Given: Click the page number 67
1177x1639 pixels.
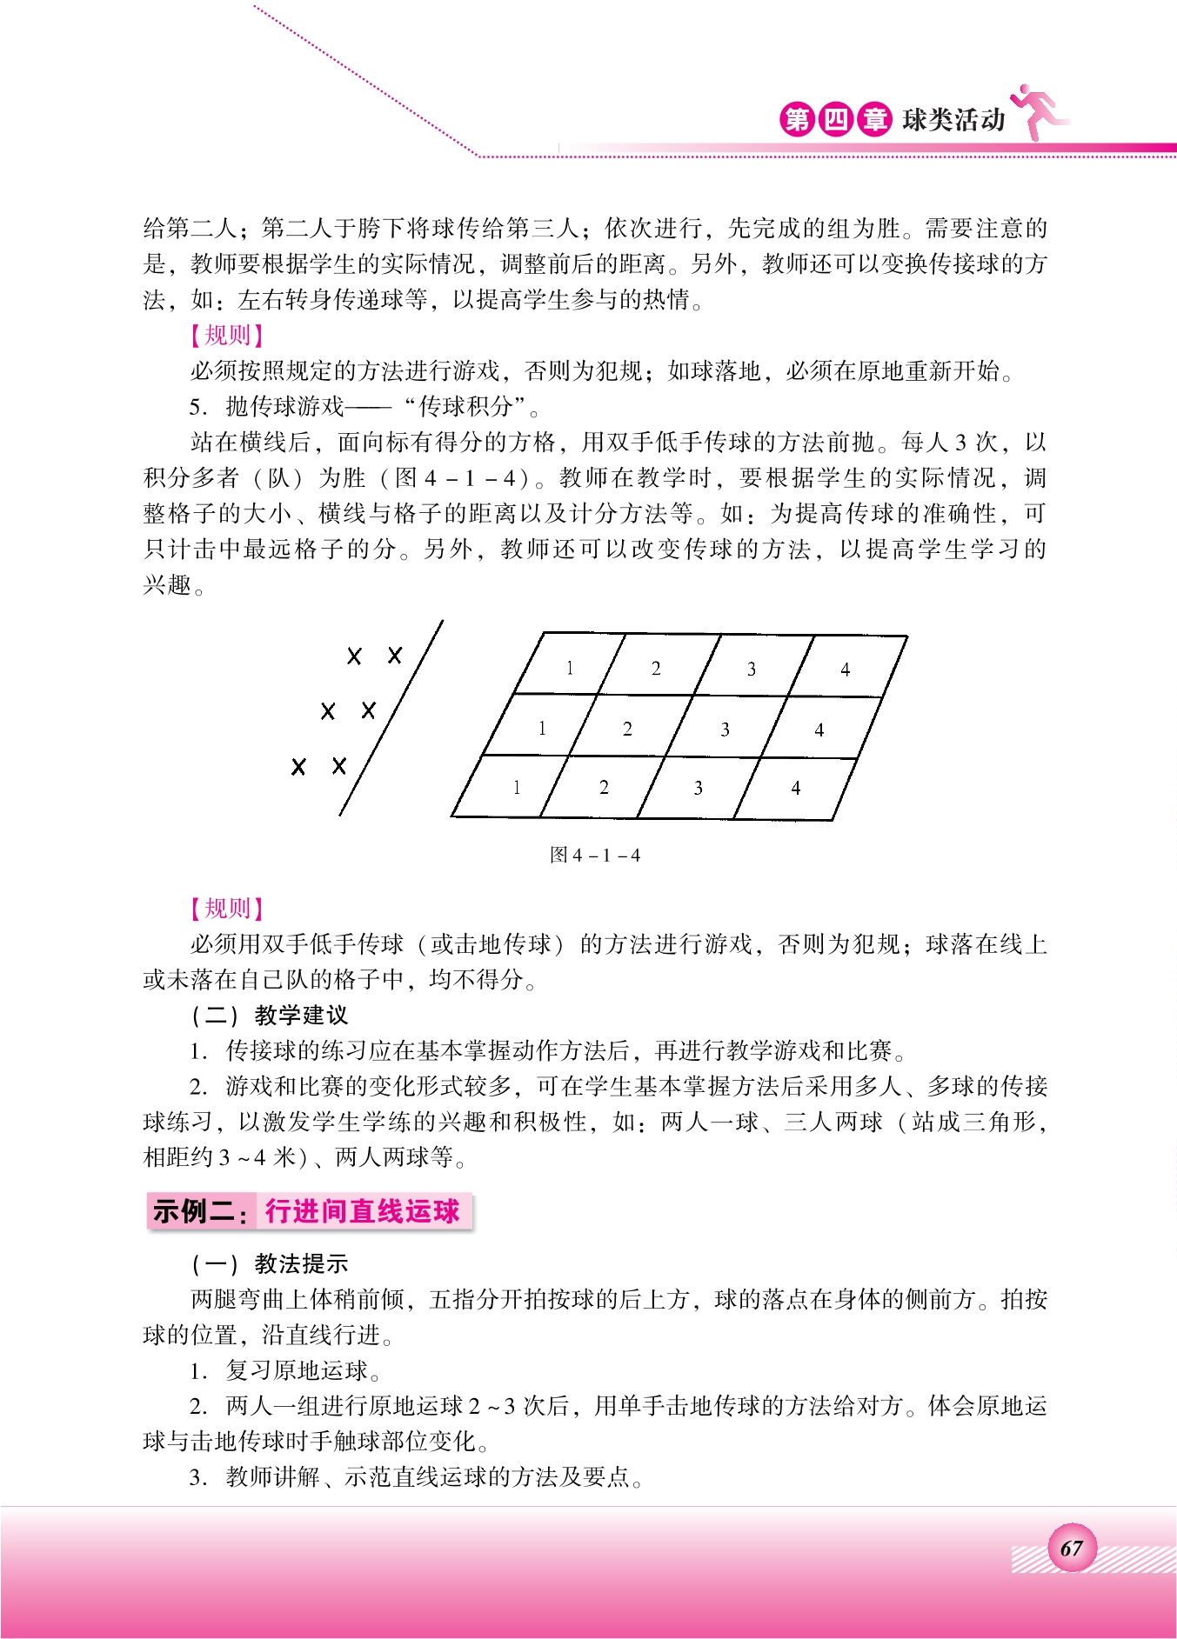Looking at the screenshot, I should click(x=1071, y=1548).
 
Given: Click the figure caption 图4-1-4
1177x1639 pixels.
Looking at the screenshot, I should click(x=595, y=855).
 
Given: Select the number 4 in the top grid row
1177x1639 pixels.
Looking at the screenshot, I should click(x=845, y=670).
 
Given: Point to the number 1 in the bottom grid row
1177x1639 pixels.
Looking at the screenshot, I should click(x=517, y=788).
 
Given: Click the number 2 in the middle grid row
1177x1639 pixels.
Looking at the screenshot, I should click(x=627, y=730).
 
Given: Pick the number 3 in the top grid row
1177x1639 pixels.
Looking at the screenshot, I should click(x=752, y=670).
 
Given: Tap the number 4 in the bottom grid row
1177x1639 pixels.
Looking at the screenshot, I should click(x=795, y=789).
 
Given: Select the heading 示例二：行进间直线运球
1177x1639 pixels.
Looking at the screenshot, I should click(x=309, y=1211).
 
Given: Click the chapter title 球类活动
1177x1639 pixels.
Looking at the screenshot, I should click(x=953, y=119).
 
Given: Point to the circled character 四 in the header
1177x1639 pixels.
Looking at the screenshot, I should click(x=835, y=119).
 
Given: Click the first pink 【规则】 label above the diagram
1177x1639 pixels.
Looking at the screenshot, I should click(x=227, y=336).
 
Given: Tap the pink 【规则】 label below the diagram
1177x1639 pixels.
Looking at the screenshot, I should click(x=227, y=909).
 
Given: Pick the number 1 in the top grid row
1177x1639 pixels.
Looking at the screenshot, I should click(x=570, y=669).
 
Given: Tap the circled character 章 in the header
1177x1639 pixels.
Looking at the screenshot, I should click(x=873, y=119).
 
